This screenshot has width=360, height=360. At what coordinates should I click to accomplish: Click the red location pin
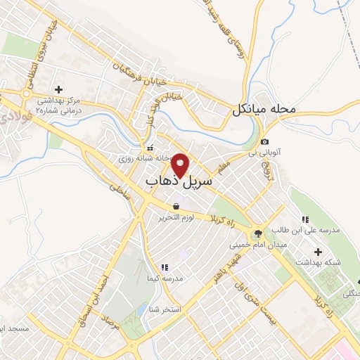tap(181, 165)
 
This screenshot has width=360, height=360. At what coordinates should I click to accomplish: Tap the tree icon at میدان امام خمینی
tap(257, 233)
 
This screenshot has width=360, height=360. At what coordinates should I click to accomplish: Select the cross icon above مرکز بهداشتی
tap(58, 90)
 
